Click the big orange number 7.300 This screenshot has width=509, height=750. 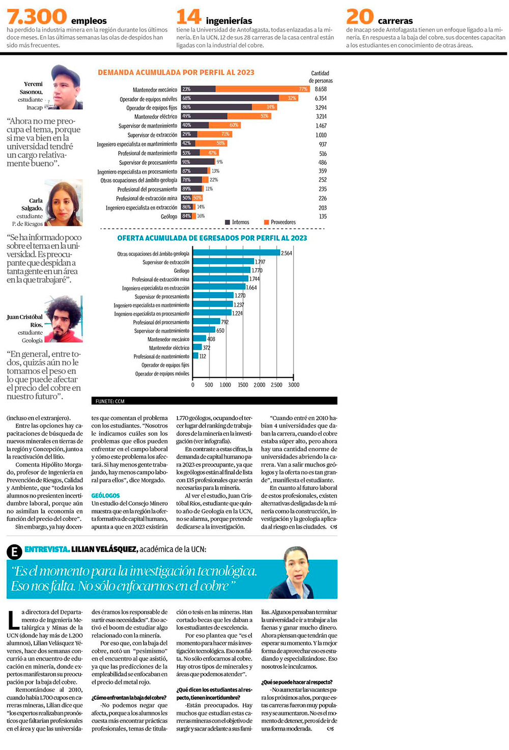click(x=37, y=17)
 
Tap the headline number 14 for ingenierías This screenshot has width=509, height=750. click(x=189, y=17)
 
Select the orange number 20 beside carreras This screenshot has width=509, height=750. click(x=360, y=17)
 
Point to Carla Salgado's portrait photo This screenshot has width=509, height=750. click(x=64, y=203)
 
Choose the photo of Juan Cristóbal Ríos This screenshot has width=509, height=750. click(x=64, y=320)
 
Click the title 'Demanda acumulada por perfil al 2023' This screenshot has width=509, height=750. click(x=176, y=72)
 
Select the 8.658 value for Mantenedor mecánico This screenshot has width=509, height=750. click(x=321, y=89)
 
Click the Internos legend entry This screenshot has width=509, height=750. click(x=237, y=222)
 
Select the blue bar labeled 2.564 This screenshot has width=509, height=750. click(x=236, y=253)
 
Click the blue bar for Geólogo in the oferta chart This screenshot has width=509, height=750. click(x=221, y=270)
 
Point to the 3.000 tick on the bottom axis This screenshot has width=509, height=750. click(x=294, y=385)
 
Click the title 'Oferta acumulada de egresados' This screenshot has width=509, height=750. click(x=212, y=238)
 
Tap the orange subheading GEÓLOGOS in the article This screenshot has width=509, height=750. click(x=105, y=495)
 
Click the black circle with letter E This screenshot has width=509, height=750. click(x=14, y=552)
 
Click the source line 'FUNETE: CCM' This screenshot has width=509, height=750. click(x=110, y=401)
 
